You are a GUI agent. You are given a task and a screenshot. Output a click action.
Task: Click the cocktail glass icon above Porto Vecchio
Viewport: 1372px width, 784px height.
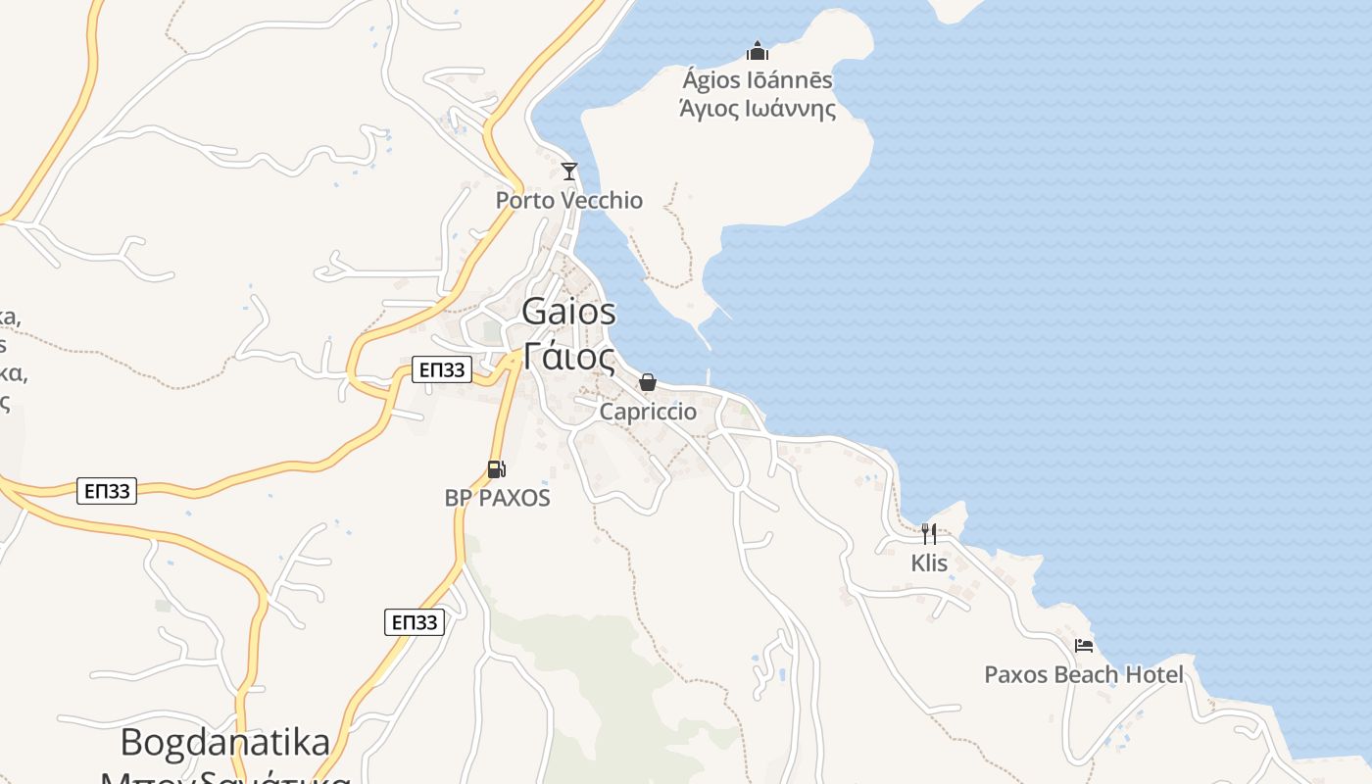[568, 171]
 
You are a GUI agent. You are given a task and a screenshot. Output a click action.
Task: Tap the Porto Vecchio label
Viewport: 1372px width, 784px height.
[569, 201]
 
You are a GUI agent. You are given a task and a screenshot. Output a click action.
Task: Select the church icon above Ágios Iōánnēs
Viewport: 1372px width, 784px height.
[757, 51]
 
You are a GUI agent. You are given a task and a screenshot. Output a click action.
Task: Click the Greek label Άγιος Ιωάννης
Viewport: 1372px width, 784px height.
[758, 108]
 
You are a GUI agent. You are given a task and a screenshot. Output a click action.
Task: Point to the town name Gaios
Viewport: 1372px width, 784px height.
[569, 312]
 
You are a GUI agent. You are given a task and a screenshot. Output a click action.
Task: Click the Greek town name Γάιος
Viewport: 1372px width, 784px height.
[569, 357]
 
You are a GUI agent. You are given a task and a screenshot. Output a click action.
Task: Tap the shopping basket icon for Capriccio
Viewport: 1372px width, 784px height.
[648, 382]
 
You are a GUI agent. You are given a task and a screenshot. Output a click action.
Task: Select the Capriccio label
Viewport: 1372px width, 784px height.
[648, 412]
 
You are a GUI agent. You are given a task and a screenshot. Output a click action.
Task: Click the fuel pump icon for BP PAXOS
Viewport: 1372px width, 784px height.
[497, 469]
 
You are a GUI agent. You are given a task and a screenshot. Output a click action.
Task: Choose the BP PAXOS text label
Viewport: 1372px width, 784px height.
[498, 498]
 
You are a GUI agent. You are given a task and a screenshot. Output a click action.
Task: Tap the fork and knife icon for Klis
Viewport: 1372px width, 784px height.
[929, 534]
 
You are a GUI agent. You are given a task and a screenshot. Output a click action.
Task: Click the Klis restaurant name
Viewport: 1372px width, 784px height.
[929, 563]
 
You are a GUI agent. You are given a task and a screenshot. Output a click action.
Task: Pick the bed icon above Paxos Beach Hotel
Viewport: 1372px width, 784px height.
[1084, 646]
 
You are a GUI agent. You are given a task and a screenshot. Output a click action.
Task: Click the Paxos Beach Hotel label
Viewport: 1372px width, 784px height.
[1084, 675]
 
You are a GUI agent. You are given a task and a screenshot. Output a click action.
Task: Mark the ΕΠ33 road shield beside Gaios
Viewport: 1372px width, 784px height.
[442, 369]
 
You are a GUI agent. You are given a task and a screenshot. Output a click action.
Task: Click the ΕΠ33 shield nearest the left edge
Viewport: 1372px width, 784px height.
[107, 491]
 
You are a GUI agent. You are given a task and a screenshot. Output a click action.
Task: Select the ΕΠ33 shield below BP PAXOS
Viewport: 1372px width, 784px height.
[415, 622]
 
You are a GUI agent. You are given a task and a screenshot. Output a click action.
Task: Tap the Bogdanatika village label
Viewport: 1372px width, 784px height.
[225, 743]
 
